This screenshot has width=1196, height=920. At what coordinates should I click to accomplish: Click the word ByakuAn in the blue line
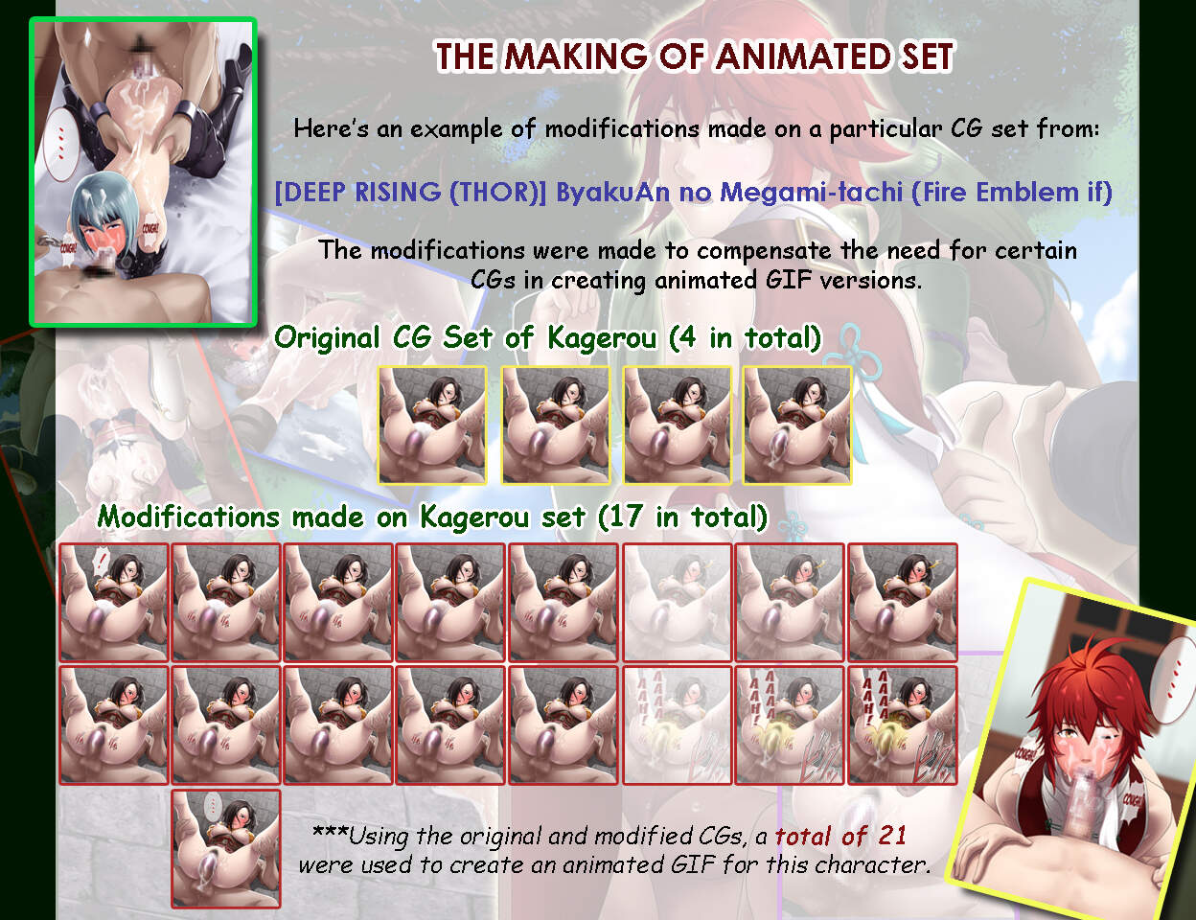coord(612,193)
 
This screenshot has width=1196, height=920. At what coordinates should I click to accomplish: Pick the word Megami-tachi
coord(811,193)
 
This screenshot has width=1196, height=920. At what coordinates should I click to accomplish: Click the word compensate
coord(764,251)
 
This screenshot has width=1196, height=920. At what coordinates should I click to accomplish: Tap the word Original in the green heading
coord(328,337)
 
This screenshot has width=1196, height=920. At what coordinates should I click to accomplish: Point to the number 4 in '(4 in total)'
coord(686,337)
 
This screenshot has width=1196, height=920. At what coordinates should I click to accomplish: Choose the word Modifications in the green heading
coord(189,517)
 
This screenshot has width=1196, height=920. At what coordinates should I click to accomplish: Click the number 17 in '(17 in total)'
coord(628,517)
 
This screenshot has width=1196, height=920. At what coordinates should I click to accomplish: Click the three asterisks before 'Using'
coord(330,831)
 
